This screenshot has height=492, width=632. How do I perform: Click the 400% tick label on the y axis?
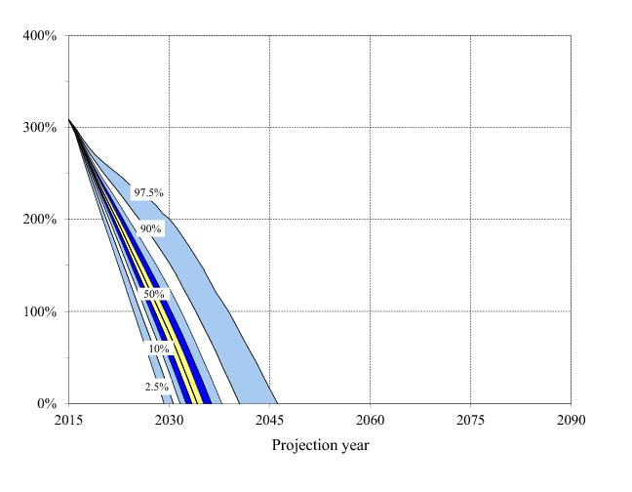click(x=40, y=36)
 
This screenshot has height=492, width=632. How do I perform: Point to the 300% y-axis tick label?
click(x=40, y=128)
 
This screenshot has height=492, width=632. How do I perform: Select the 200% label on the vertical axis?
click(x=40, y=220)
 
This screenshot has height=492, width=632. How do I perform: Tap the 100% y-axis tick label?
click(x=40, y=312)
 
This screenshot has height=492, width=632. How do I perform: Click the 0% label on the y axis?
click(x=46, y=404)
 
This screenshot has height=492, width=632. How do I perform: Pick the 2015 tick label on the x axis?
click(x=68, y=421)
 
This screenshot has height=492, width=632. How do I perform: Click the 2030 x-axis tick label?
click(x=169, y=421)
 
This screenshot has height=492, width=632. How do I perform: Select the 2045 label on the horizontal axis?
click(x=269, y=421)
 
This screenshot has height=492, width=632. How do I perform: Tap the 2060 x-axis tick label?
click(x=370, y=421)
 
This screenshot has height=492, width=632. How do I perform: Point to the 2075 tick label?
click(x=470, y=421)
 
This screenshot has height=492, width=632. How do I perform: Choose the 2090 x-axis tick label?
click(x=571, y=421)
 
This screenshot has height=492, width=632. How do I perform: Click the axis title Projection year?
click(x=320, y=446)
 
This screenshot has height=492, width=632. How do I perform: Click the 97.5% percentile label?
click(x=149, y=193)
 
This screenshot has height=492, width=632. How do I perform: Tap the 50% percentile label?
click(x=154, y=294)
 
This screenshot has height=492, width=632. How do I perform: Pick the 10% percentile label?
click(x=158, y=348)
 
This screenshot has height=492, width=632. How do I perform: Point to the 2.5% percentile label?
click(x=156, y=388)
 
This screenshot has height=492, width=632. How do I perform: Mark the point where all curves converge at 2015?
click(x=68, y=119)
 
